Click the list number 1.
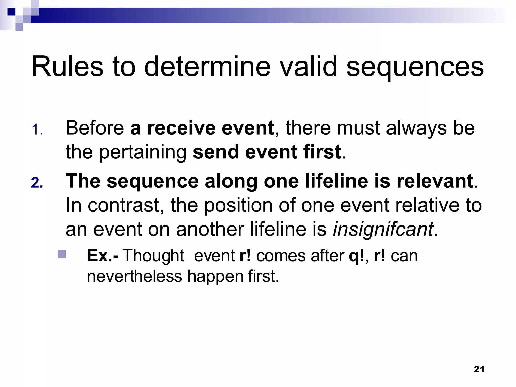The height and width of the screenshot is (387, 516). pos(37,130)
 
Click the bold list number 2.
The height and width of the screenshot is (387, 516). pos(37,183)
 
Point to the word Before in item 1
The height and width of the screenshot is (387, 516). pos(94,128)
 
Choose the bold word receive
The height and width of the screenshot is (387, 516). pos(181,128)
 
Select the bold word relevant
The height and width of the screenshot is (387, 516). pos(435,181)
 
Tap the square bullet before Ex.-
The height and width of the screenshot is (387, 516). pos(62,254)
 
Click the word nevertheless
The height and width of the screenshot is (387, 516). pos(134,276)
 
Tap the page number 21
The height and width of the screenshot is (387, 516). pos(479,369)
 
